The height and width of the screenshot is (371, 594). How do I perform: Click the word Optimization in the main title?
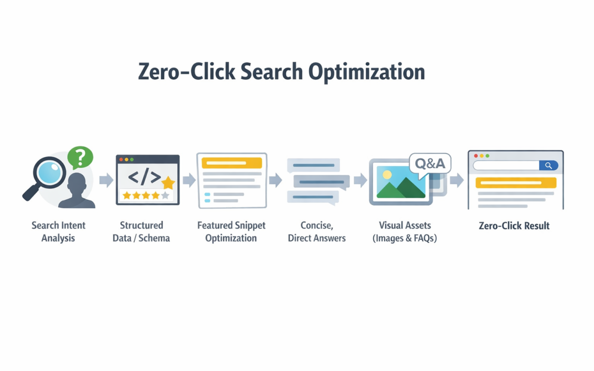tap(366, 72)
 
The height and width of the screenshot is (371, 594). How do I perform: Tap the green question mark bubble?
tap(80, 158)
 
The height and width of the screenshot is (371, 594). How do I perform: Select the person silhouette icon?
tap(77, 191)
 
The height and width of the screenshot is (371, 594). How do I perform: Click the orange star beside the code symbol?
tap(168, 183)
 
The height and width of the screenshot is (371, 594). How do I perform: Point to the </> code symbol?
tap(144, 177)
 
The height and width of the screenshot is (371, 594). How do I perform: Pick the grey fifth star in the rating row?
tap(165, 196)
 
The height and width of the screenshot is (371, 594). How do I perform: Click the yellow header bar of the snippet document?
tap(232, 163)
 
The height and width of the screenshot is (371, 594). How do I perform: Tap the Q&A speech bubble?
tap(430, 163)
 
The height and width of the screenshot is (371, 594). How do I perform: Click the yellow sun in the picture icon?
tap(387, 175)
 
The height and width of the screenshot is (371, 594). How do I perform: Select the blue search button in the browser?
tap(548, 166)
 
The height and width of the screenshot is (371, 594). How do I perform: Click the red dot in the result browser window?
tap(476, 156)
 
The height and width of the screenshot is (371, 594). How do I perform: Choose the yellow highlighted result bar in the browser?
tap(516, 183)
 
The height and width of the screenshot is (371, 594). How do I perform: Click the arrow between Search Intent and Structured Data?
tap(106, 180)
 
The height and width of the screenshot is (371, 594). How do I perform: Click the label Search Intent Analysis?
tap(58, 232)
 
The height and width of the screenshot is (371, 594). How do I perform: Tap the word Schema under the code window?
tap(153, 238)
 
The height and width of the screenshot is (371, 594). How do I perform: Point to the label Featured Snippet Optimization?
tap(231, 232)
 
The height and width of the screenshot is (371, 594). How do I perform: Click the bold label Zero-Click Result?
tap(514, 226)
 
